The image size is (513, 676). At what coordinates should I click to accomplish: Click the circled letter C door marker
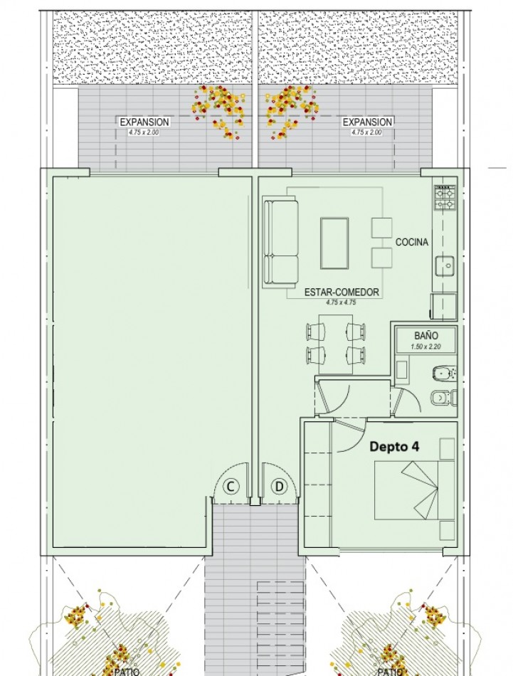click(231, 487)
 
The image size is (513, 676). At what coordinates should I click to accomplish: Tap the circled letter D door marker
click(280, 487)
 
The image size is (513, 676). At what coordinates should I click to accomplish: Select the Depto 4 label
click(394, 447)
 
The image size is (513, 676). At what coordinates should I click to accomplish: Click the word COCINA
click(412, 242)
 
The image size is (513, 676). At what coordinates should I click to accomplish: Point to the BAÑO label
click(426, 335)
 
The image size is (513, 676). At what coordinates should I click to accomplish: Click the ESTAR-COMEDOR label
click(342, 292)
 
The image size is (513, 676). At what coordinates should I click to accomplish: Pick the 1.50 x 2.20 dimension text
click(426, 347)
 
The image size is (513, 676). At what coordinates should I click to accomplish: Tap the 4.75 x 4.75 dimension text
click(341, 302)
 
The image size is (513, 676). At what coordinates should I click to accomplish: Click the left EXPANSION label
click(144, 122)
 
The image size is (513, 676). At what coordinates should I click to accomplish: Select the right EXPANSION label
click(367, 122)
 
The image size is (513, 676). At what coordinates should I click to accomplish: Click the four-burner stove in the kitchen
click(445, 197)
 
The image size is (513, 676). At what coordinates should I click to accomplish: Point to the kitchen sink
click(445, 266)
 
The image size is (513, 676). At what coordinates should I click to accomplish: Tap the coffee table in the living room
click(334, 243)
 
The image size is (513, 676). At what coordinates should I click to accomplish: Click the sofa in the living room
click(280, 242)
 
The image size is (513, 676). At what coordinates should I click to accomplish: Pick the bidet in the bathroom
click(445, 374)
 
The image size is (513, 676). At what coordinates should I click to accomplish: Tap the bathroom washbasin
click(402, 372)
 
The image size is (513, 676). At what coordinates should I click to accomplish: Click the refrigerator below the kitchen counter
click(444, 307)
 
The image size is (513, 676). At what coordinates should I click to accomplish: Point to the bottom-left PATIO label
click(127, 672)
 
